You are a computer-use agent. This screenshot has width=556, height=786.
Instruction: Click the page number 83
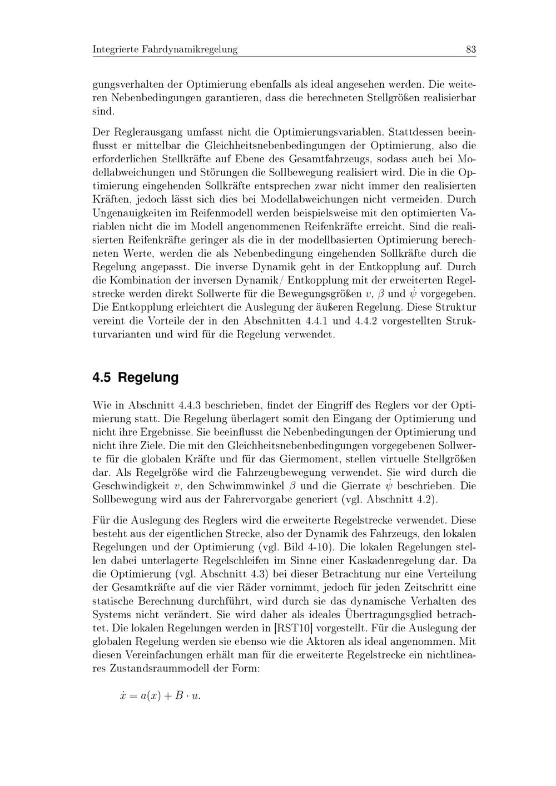click(471, 49)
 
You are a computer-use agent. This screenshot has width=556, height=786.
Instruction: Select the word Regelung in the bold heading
click(148, 378)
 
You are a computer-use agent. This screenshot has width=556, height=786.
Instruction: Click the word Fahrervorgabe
click(259, 499)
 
